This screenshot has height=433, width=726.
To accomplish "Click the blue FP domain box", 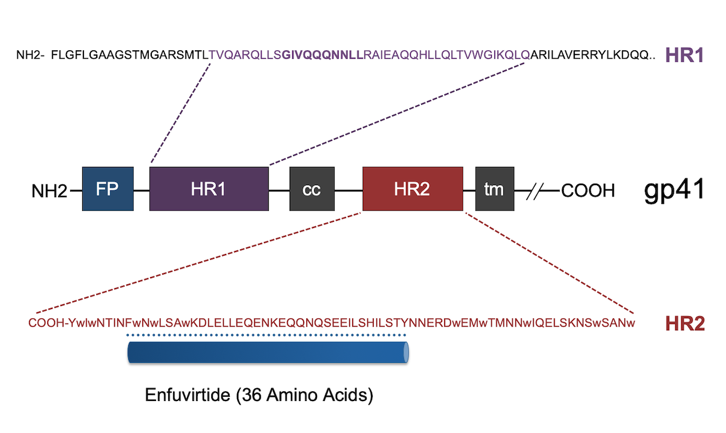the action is tap(108, 189).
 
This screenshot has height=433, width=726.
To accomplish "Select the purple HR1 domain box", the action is tap(209, 189).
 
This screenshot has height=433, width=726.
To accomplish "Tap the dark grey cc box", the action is tap(312, 189).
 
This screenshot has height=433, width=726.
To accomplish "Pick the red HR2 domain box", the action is tap(413, 189).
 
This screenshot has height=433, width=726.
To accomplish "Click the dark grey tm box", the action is tap(495, 189).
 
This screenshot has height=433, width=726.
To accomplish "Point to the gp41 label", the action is tap(674, 190).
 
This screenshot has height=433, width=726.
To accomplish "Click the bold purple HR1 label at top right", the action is tap(684, 55).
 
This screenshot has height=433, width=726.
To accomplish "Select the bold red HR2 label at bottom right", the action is tap(685, 323).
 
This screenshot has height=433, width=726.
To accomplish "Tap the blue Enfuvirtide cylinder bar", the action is tap(268, 353).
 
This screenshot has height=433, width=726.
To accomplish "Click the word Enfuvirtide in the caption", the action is tap(188, 395).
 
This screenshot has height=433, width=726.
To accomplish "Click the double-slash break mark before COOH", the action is tap(535, 190).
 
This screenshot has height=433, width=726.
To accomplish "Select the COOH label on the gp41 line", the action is tap(588, 190).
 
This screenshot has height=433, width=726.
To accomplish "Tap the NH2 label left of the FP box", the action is tap(49, 190).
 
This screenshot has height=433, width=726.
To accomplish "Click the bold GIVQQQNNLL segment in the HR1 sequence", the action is tap(322, 55).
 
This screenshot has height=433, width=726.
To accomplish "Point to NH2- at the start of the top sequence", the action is tap(30, 55).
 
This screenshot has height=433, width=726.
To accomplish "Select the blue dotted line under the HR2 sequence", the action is tap(266, 335).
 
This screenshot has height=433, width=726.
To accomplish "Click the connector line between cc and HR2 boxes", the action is tap(348, 190).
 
